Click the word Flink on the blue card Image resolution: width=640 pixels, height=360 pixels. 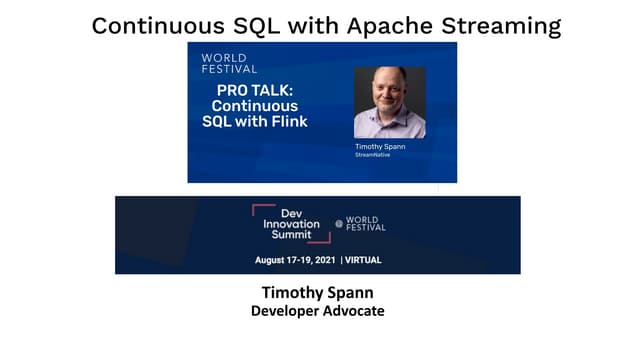286,121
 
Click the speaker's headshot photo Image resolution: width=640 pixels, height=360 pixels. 389,103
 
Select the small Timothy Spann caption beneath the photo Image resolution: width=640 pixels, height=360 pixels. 380,146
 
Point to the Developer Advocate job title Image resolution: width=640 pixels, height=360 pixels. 317,312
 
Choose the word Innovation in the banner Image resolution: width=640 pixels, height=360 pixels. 291,224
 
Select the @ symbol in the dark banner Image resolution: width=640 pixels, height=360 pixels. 339,224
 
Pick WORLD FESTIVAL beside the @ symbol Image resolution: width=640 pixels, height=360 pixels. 365,224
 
